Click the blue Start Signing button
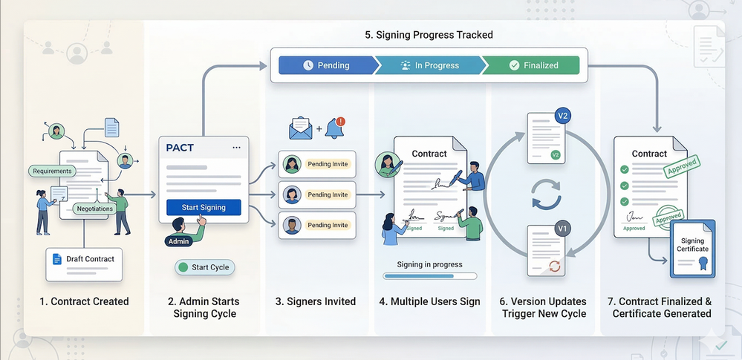click(204, 207)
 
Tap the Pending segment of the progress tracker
click(326, 65)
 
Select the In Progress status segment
click(429, 65)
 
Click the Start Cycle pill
click(204, 267)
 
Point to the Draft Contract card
click(84, 264)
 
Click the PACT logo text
click(180, 148)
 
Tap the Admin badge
click(179, 240)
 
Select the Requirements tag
click(52, 171)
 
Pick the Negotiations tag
click(95, 209)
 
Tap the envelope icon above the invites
click(302, 129)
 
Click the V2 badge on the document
click(564, 117)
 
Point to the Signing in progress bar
click(429, 276)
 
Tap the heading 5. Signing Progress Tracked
click(429, 35)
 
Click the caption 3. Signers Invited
click(315, 301)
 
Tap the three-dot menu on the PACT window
click(236, 148)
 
